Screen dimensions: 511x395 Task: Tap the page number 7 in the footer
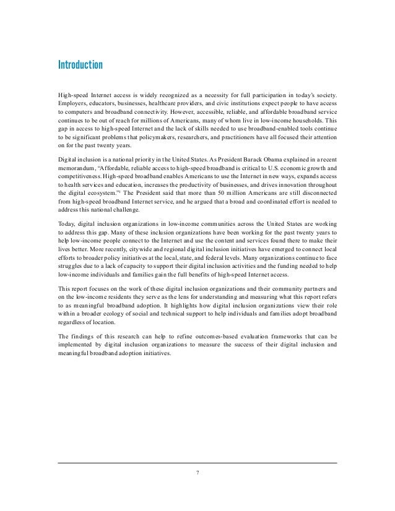197,474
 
